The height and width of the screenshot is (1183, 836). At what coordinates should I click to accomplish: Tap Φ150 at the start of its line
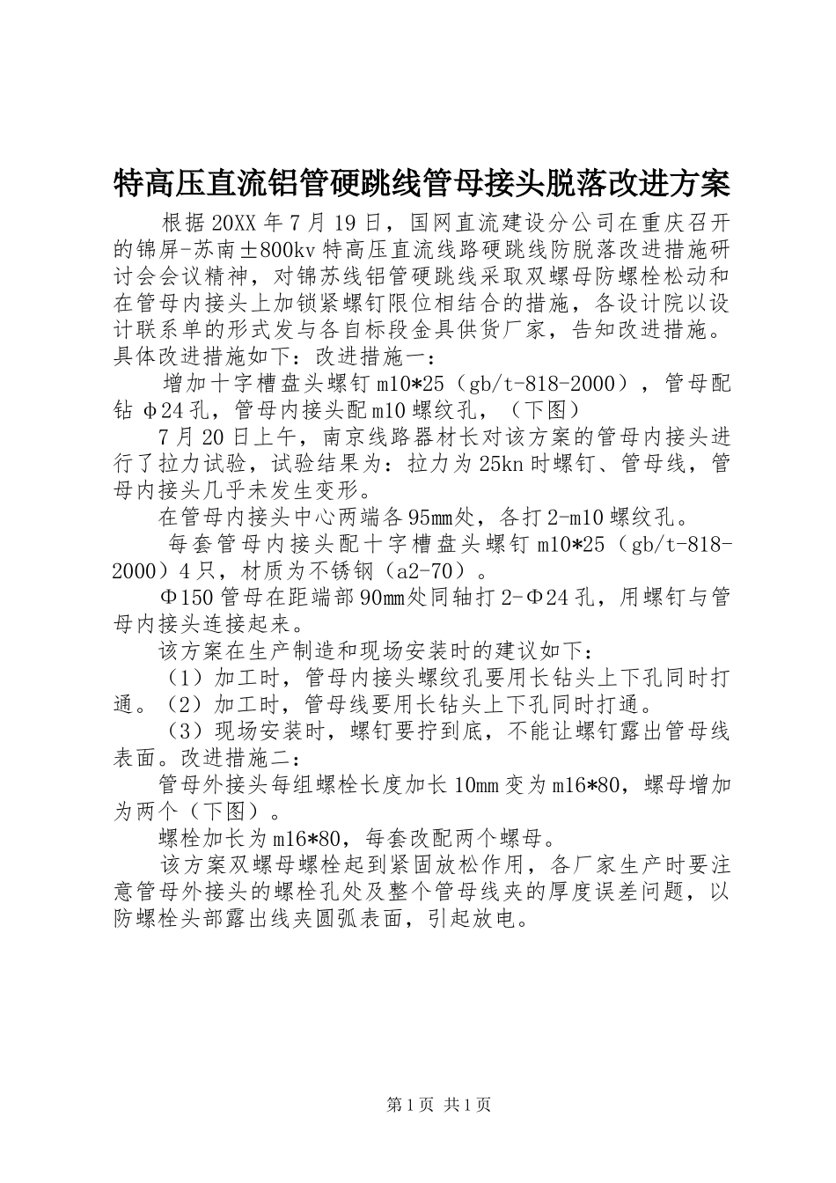[185, 598]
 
